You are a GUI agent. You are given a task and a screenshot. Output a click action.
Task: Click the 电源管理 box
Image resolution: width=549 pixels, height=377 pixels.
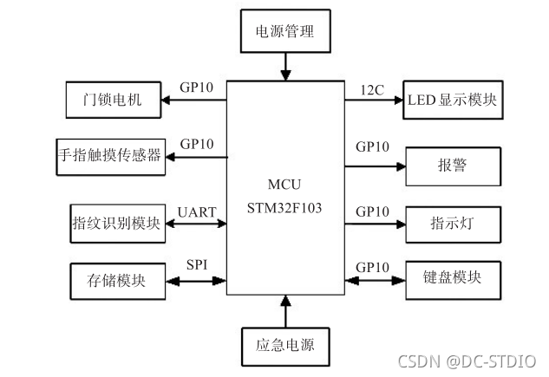[285, 31]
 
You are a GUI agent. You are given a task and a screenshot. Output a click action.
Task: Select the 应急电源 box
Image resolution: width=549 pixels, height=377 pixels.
[285, 347]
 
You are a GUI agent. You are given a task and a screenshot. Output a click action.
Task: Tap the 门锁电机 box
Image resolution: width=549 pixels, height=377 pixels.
[114, 100]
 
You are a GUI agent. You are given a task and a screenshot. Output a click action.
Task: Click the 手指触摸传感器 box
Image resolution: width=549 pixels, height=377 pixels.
[111, 157]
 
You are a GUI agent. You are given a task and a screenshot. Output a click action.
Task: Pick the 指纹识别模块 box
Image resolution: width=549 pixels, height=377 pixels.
[118, 224]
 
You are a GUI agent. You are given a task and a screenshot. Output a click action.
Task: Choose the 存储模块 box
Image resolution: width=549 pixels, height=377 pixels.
[118, 282]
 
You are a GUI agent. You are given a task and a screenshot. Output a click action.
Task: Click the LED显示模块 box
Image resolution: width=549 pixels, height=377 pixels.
[453, 100]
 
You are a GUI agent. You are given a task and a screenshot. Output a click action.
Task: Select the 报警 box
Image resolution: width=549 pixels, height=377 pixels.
[453, 166]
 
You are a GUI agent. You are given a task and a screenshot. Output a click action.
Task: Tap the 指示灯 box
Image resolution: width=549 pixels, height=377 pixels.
[453, 224]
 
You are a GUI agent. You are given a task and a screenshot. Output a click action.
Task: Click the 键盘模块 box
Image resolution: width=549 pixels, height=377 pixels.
[453, 281]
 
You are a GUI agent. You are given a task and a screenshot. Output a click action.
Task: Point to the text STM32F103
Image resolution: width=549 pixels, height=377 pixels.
[284, 208]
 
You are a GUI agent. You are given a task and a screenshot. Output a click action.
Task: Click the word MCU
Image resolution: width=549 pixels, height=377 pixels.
[284, 185]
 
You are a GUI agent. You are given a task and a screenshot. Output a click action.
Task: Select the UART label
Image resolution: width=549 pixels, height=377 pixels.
[197, 212]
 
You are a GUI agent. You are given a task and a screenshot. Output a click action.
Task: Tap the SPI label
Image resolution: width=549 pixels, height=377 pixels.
[197, 264]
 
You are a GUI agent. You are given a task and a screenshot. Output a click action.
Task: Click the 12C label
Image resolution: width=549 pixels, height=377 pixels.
[372, 90]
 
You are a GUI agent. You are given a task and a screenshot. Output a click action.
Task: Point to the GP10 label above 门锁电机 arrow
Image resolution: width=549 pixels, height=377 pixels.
[196, 88]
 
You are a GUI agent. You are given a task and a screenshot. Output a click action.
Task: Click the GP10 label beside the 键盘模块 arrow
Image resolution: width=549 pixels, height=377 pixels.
[373, 268]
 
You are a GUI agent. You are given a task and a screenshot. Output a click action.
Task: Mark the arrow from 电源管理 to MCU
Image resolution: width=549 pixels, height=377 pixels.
[285, 67]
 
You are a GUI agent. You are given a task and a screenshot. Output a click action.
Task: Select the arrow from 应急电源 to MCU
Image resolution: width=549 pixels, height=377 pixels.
[285, 311]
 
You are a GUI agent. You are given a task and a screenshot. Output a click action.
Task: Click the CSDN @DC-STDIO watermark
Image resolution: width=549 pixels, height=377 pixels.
[467, 361]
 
